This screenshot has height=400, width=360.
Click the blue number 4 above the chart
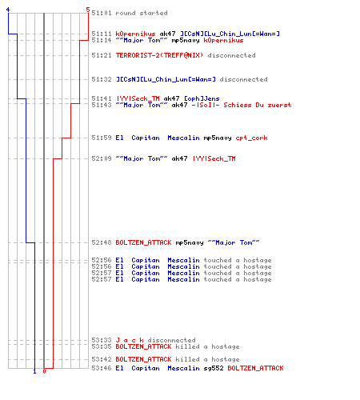[8, 10]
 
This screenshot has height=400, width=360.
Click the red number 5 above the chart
[88, 10]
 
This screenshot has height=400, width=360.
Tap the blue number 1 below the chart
[34, 371]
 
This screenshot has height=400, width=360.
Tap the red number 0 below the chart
[44, 371]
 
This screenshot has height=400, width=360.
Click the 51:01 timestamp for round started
[102, 13]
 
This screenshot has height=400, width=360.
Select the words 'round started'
[142, 13]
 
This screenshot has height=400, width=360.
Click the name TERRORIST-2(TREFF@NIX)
[159, 55]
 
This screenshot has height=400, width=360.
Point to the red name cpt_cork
[251, 138]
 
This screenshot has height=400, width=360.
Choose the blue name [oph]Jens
[202, 98]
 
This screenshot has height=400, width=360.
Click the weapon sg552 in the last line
[214, 368]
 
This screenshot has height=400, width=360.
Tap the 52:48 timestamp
[102, 242]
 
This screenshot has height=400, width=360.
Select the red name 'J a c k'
[130, 340]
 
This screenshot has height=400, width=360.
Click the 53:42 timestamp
[102, 359]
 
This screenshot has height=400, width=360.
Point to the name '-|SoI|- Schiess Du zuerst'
[242, 105]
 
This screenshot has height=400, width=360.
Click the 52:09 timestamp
[102, 158]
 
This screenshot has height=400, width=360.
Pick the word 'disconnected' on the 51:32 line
[243, 79]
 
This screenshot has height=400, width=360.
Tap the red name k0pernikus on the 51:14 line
[223, 41]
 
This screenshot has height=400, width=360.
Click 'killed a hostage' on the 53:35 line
[207, 346]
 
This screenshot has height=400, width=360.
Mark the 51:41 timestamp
[102, 98]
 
